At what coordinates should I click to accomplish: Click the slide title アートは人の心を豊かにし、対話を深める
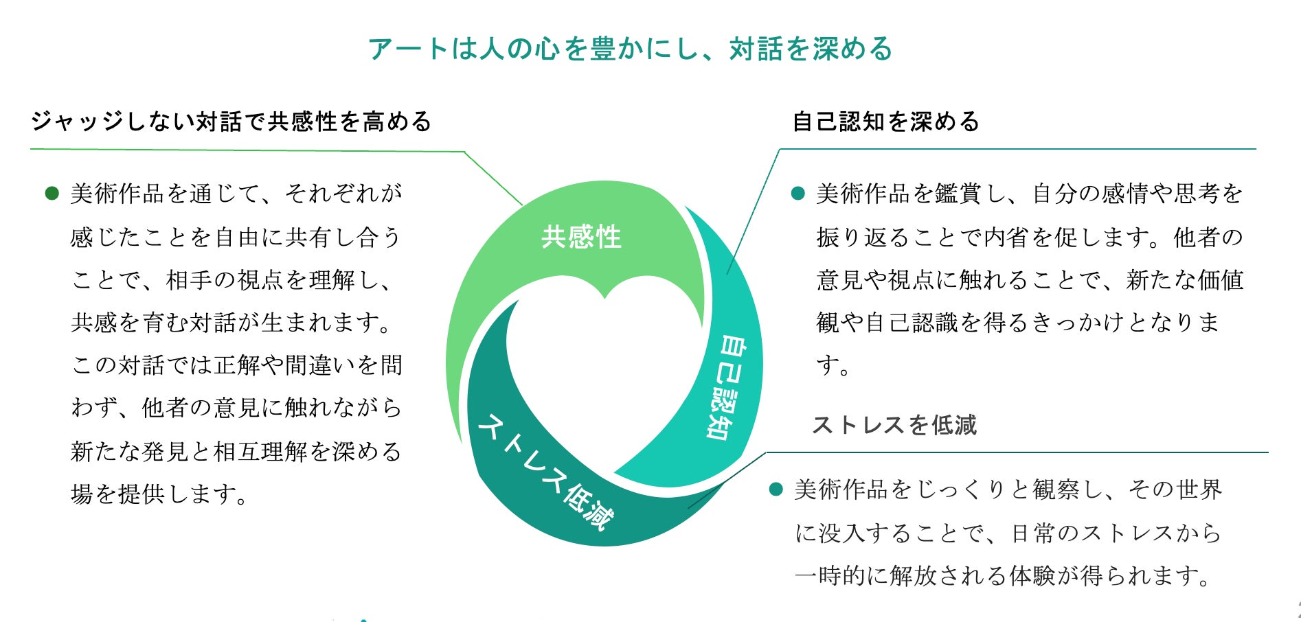[x=630, y=49]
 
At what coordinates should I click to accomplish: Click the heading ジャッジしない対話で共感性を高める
[x=231, y=122]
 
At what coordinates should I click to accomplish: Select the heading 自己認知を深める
[x=886, y=122]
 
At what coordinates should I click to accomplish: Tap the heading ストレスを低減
[x=894, y=425]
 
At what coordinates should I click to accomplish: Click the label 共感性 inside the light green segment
[x=581, y=238]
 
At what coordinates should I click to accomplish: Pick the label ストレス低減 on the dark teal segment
[x=544, y=471]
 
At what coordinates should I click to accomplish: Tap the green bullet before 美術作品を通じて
[x=52, y=194]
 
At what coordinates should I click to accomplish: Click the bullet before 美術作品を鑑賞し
[x=797, y=194]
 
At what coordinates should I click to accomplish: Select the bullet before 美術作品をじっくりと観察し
[x=776, y=489]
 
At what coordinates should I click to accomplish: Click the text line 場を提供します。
[x=159, y=494]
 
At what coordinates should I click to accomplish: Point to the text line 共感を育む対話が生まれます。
[x=232, y=323]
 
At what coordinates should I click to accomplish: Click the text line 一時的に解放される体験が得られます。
[x=1003, y=575]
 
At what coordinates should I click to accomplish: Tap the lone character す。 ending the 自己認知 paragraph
[x=833, y=365]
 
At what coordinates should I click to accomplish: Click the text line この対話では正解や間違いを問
[x=236, y=365]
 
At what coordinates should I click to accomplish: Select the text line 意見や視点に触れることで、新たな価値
[x=1030, y=280]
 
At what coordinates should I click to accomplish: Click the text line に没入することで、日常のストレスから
[x=1008, y=533]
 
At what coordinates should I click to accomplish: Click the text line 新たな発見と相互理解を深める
[x=236, y=451]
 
